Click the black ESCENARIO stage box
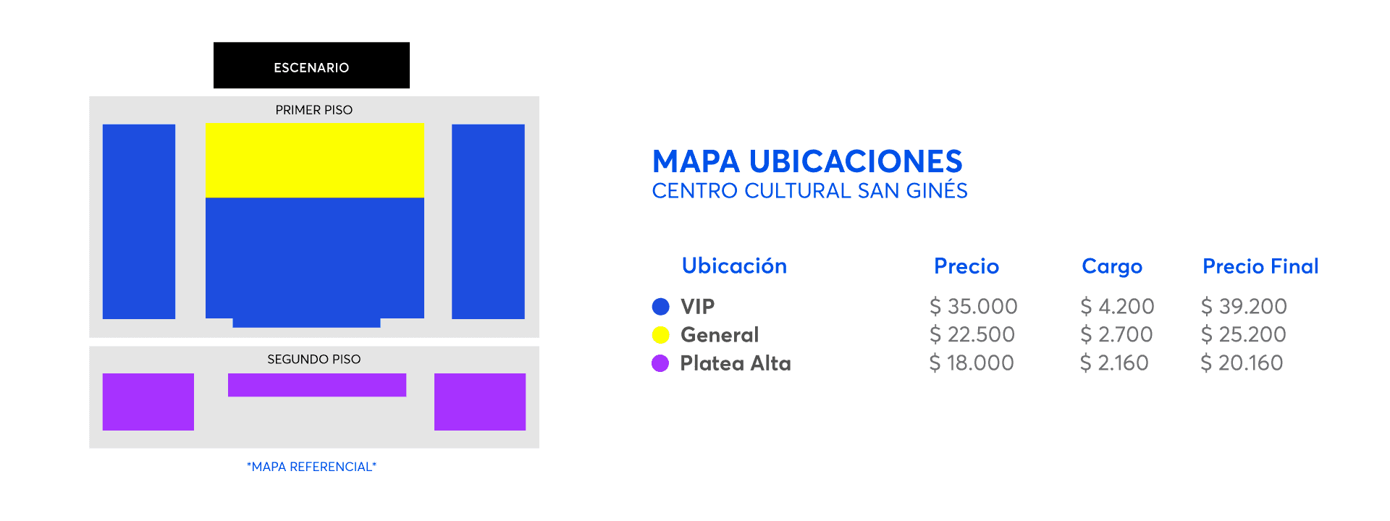point(311,65)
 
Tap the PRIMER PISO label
point(313,110)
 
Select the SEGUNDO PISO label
point(313,359)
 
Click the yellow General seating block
point(314,160)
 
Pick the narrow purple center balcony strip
point(317,385)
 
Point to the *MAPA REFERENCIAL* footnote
point(311,467)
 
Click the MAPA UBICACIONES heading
point(807,161)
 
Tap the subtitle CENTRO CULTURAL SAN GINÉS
point(809,190)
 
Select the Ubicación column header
point(734,266)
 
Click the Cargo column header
point(1112,267)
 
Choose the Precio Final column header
point(1260,266)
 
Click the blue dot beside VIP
point(661,307)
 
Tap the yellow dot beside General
point(661,335)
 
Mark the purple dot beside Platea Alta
point(660,363)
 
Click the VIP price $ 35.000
point(974,306)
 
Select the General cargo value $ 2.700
point(1116,334)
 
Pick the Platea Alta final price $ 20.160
point(1242,363)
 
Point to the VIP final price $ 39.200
point(1244,306)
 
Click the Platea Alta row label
point(736,363)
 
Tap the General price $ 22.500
point(972,334)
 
